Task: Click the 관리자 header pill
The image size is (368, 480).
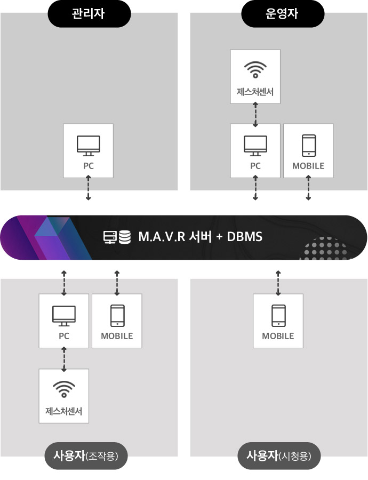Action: (x=88, y=13)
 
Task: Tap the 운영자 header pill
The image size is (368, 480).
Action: (x=282, y=13)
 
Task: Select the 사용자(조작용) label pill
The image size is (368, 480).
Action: (x=86, y=456)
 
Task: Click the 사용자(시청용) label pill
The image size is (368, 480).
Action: (x=279, y=456)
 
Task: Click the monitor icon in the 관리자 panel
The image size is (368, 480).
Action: (x=88, y=146)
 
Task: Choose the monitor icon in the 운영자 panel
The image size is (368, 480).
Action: (x=255, y=146)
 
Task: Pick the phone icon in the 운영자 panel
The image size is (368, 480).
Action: (x=308, y=146)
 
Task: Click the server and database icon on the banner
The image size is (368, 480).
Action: (x=117, y=236)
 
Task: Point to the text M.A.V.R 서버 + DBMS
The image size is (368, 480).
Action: (x=200, y=236)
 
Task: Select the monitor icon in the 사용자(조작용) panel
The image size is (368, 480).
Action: (x=63, y=315)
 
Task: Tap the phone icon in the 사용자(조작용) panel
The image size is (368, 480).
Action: (x=117, y=315)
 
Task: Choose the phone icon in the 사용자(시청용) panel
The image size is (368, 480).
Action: (x=278, y=315)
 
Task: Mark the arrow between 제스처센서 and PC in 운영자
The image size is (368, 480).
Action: (x=255, y=114)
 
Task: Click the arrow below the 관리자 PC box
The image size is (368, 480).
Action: (x=88, y=189)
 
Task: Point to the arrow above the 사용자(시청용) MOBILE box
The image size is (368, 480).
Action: (x=278, y=283)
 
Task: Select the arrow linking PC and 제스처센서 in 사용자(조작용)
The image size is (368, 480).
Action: (x=64, y=358)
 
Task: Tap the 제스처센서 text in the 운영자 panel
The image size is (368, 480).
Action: (x=255, y=91)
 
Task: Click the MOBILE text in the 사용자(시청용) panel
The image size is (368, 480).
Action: (x=278, y=336)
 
